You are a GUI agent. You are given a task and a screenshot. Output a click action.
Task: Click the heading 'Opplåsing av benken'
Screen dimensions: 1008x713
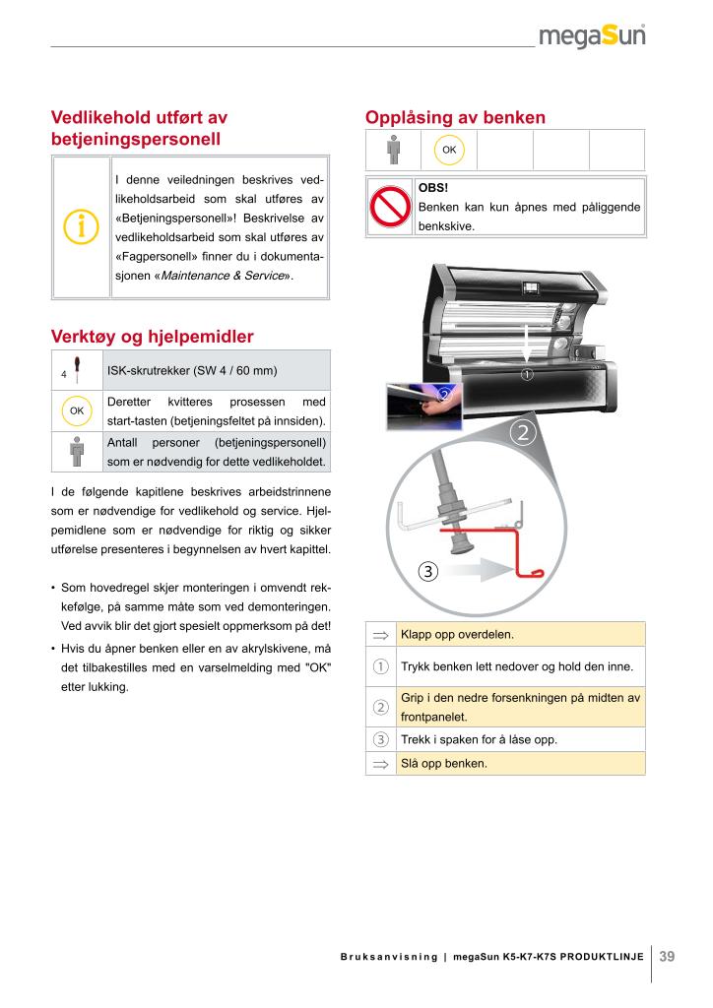(455, 117)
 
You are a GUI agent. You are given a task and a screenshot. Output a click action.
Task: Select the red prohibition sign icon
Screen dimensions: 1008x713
(389, 207)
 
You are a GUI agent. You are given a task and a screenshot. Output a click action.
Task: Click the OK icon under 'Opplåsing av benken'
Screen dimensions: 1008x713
(449, 150)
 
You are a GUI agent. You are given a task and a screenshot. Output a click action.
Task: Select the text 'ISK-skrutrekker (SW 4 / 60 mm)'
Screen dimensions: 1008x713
(191, 370)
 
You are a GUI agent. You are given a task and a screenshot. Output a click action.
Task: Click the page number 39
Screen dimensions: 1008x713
(667, 956)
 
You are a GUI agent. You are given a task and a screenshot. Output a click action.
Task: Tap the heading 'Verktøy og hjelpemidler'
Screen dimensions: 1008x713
(152, 337)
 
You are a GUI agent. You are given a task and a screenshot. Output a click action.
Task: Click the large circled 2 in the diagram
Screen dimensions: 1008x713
(523, 433)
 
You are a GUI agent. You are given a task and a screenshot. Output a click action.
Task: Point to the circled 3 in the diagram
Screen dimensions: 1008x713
(427, 571)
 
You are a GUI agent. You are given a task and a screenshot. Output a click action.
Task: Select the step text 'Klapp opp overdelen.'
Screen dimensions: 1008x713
(457, 634)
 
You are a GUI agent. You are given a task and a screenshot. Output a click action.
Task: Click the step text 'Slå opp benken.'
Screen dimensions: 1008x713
(443, 763)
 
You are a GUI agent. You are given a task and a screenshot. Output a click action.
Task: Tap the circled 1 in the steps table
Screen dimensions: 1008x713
(380, 666)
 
